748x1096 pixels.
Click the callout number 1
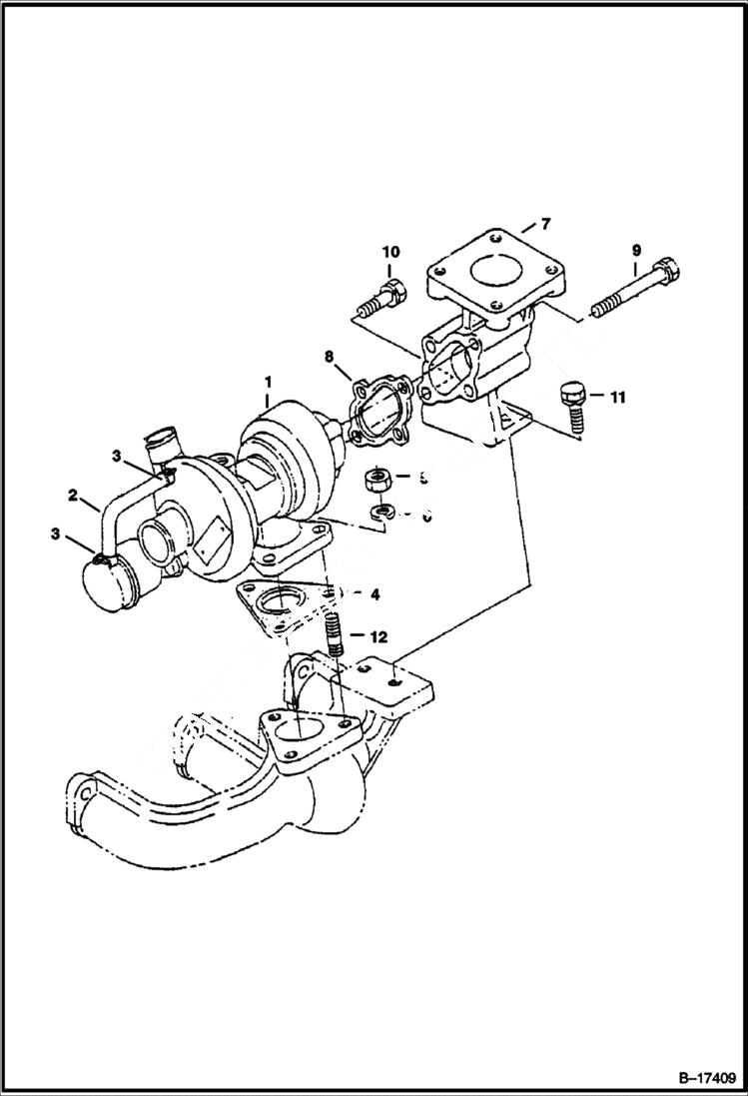pos(267,383)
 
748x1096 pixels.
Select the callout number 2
pos(73,495)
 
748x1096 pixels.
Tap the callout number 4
pos(374,594)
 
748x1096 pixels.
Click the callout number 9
pos(635,250)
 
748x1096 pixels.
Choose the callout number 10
pos(389,250)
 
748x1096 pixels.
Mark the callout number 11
pos(617,398)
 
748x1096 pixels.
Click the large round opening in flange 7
pos(490,272)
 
